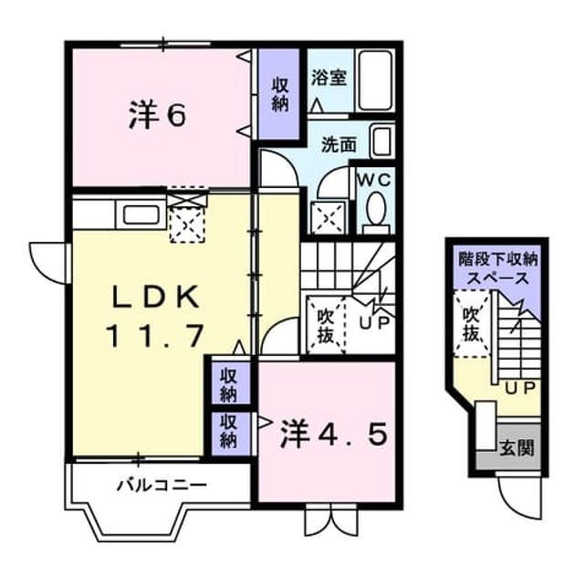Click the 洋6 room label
[158, 115]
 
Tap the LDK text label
[157, 297]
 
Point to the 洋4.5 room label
[333, 435]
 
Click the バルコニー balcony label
[162, 486]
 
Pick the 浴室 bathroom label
[329, 78]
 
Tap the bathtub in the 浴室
[375, 80]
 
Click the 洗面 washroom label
[340, 145]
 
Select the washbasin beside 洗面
[382, 141]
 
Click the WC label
[374, 180]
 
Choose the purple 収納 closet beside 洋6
[280, 94]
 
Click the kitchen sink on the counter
[141, 215]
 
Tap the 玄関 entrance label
[517, 448]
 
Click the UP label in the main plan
[373, 323]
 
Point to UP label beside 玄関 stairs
[521, 389]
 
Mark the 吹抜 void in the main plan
[326, 326]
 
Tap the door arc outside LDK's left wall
[48, 263]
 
